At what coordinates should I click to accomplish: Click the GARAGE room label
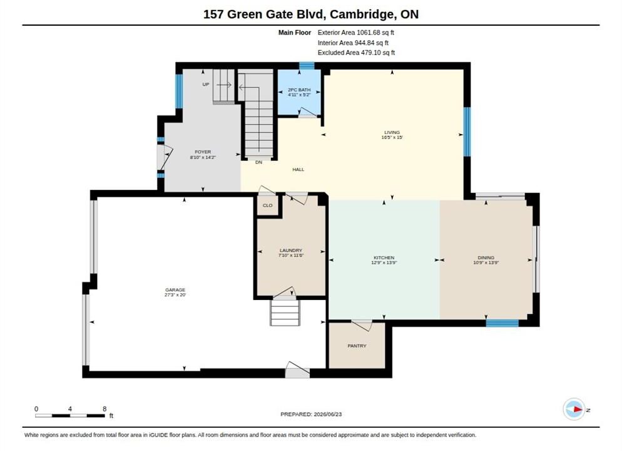pos(175,290)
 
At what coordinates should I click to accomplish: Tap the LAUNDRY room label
pos(291,251)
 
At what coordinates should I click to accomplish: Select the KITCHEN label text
pos(384,257)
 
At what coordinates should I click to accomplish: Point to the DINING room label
pos(486,257)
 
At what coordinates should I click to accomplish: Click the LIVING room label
pos(392,132)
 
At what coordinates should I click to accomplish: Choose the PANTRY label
pos(357,346)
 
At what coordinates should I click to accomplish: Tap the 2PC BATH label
pos(299,90)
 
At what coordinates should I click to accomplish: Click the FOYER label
pos(203,152)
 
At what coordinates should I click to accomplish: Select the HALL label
pos(298,170)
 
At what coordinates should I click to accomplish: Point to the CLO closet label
pos(268,205)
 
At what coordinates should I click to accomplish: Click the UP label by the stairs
pos(205,85)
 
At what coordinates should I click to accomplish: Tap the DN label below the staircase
pos(258,162)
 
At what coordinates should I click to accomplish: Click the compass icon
pos(574,409)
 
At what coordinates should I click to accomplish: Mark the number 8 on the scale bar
pos(105,409)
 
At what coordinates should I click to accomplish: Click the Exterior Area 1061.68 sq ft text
pos(356,33)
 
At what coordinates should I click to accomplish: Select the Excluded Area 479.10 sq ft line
pos(356,53)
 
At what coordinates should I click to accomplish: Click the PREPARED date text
pos(311,414)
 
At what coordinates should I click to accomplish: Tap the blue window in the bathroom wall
pos(307,66)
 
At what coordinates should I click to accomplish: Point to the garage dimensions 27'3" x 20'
pos(175,295)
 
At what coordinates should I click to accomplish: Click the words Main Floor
pos(295,33)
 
